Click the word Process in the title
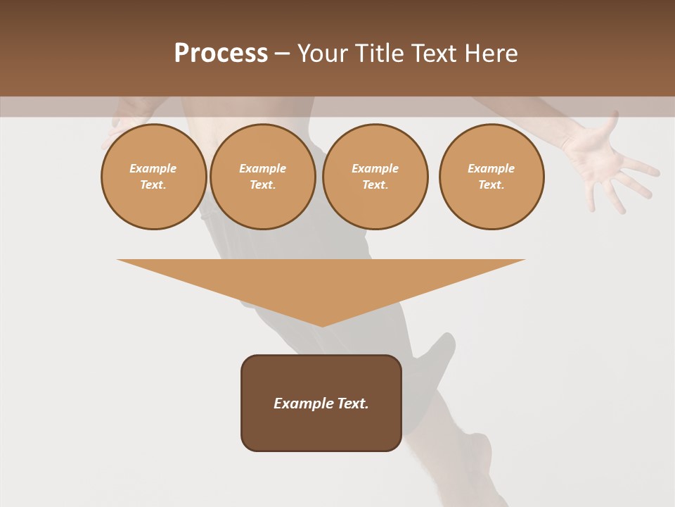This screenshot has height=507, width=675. point(221,54)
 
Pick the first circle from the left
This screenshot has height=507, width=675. point(153,177)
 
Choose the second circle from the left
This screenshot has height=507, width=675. point(262,177)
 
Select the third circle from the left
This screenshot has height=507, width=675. point(375,177)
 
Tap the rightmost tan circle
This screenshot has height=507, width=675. point(491,177)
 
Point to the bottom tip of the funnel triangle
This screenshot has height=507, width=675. point(321,326)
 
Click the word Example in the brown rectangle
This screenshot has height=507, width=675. point(304,403)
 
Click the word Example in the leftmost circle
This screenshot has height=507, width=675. point(153,168)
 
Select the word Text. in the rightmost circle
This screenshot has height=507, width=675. point(491,184)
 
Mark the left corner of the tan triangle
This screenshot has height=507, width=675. point(118,260)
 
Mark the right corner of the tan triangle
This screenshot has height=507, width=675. point(524,260)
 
